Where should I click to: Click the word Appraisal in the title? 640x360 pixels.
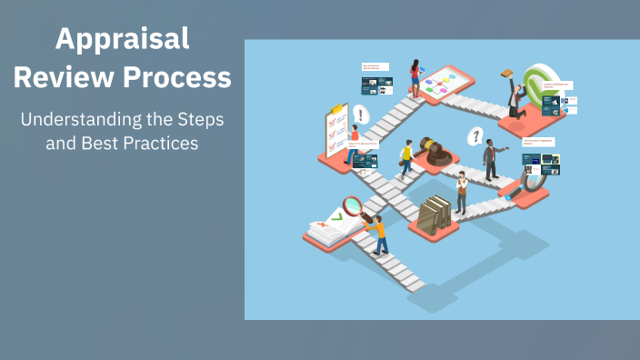(x=122, y=39)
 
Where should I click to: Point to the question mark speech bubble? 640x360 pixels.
(x=474, y=136)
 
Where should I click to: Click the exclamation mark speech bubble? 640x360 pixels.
(x=361, y=115)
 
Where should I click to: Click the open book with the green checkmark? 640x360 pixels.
(x=326, y=227)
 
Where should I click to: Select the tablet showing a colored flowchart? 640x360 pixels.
(x=445, y=82)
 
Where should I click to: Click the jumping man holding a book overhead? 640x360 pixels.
(x=513, y=95)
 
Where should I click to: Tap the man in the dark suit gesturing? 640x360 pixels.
(x=491, y=159)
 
